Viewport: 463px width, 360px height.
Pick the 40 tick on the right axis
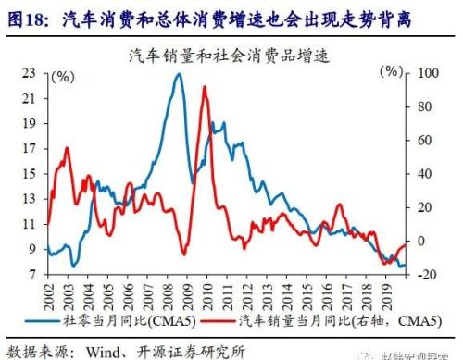point(425,174)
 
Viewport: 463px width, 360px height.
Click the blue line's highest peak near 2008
point(178,74)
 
